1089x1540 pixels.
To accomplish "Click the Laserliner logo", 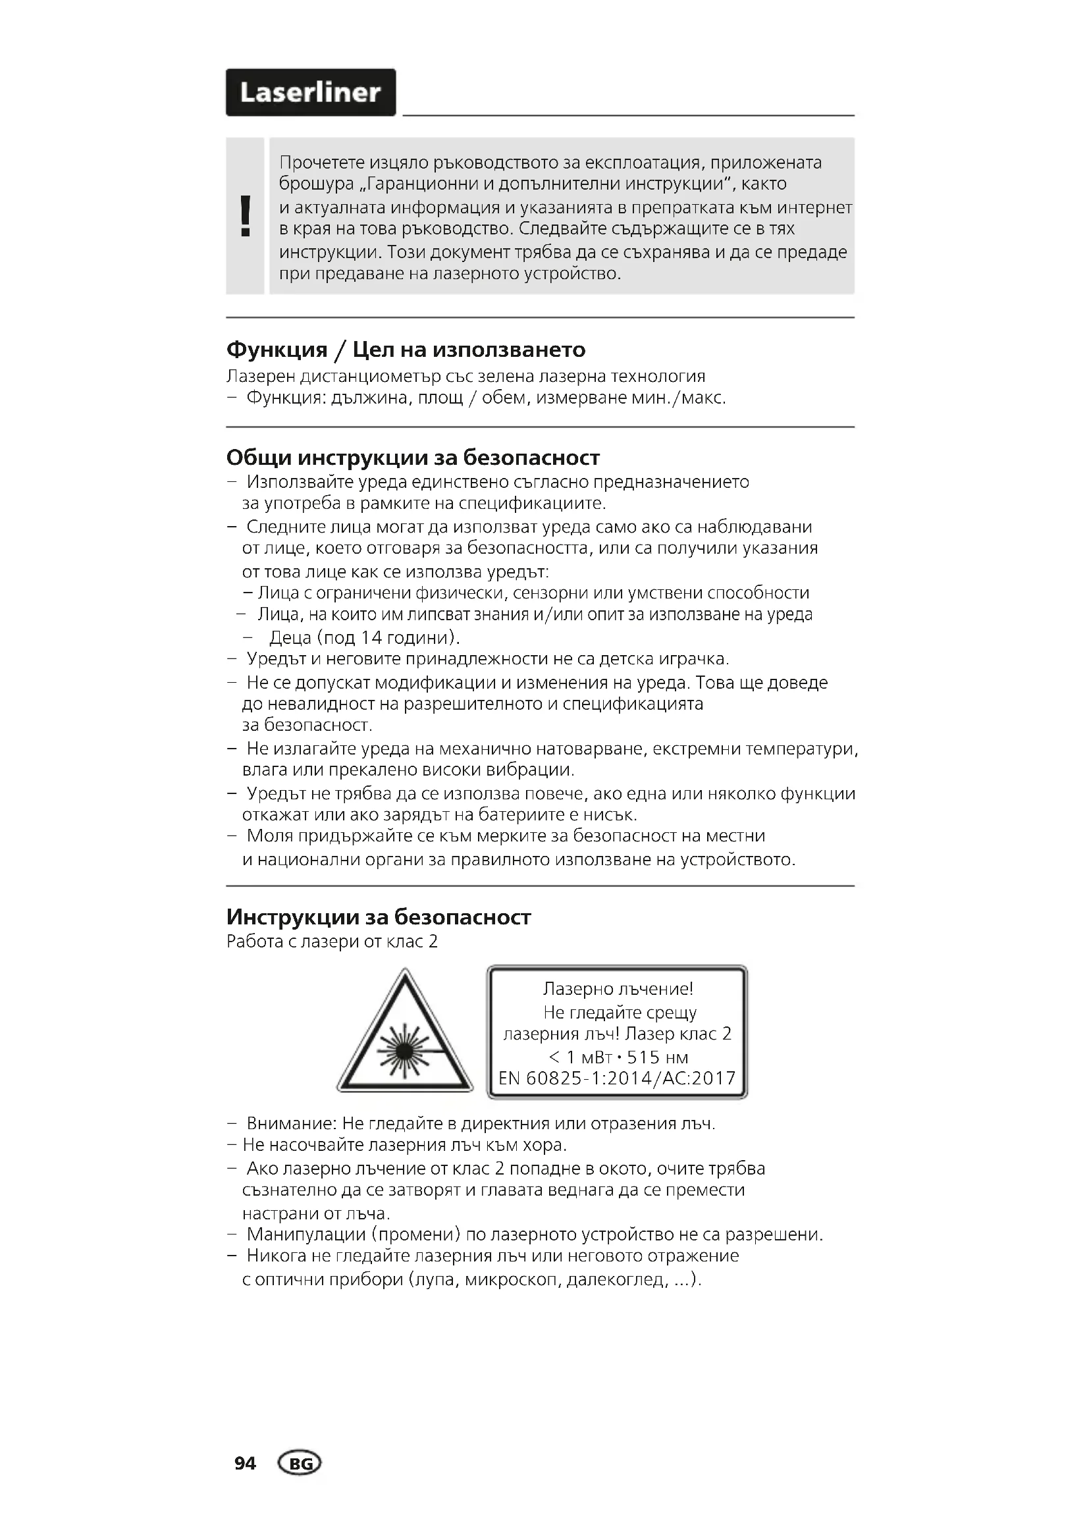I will pyautogui.click(x=311, y=93).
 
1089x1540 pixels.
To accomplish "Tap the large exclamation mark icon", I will pyautogui.click(x=246, y=216).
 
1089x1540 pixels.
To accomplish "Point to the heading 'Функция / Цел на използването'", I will pyautogui.click(x=406, y=350).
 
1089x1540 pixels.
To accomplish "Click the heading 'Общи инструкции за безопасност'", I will pyautogui.click(x=412, y=458).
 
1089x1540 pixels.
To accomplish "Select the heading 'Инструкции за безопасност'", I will pyautogui.click(x=378, y=917).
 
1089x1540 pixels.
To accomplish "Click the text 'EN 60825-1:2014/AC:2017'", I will pyautogui.click(x=617, y=1078).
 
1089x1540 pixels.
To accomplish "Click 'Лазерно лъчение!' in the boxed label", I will pyautogui.click(x=618, y=989).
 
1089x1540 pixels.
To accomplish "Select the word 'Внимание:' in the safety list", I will pyautogui.click(x=291, y=1123).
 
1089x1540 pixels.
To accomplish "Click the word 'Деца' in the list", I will pyautogui.click(x=290, y=637).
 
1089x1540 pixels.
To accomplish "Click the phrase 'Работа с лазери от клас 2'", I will pyautogui.click(x=332, y=942).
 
